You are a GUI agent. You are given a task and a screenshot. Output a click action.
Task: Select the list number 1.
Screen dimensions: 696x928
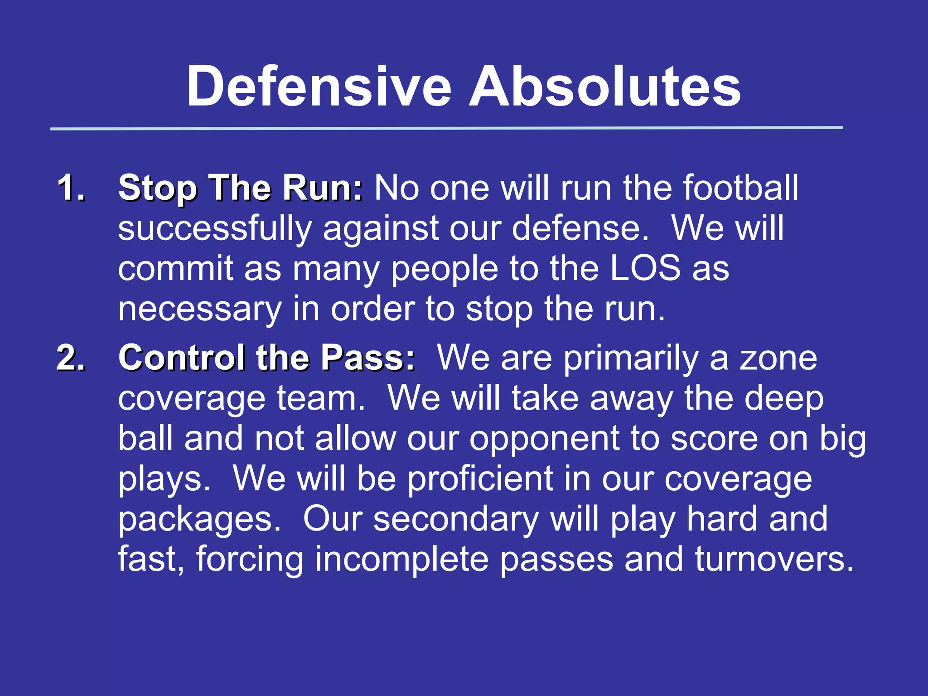pyautogui.click(x=71, y=188)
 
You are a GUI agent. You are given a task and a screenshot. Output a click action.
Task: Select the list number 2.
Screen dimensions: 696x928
pyautogui.click(x=71, y=358)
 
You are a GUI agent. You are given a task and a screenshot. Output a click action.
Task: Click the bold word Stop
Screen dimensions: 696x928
pyautogui.click(x=157, y=188)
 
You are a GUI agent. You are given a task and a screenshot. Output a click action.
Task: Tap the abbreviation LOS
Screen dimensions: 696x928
pyautogui.click(x=645, y=268)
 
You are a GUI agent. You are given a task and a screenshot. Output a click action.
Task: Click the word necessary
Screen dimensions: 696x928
pyautogui.click(x=199, y=309)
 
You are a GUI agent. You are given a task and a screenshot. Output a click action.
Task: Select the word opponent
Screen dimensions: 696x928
pyautogui.click(x=544, y=440)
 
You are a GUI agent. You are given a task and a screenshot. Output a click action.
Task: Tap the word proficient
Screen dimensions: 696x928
pyautogui.click(x=480, y=479)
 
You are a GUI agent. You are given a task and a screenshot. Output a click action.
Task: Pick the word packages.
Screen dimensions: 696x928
pyautogui.click(x=199, y=520)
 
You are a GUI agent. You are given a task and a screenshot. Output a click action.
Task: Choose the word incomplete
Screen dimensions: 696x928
pyautogui.click(x=401, y=559)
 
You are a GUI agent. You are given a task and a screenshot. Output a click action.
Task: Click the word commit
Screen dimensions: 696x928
pyautogui.click(x=176, y=268)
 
